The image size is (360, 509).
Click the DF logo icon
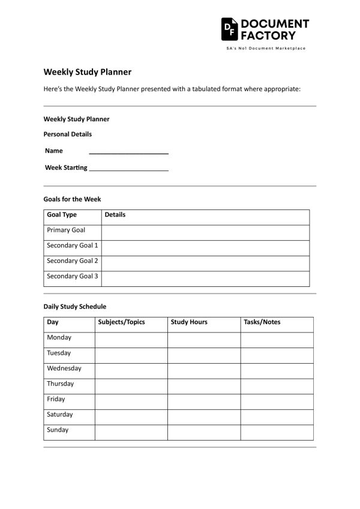coord(229,28)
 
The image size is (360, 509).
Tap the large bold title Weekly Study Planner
coord(87,71)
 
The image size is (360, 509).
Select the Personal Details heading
coord(67,134)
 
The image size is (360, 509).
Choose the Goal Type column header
coord(62,215)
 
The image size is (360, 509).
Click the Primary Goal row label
coord(66,230)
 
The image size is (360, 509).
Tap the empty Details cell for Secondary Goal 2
coord(205,262)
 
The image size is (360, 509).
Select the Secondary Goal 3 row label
coord(72,277)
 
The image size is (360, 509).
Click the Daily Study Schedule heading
coord(74,306)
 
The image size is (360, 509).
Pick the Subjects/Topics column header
coord(121,322)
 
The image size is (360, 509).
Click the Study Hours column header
coord(189,322)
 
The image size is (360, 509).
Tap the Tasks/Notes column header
coord(262,322)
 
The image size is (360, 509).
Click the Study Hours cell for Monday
coord(204,339)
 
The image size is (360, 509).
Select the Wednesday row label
coord(64,369)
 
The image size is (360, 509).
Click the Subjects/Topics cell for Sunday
coord(131,431)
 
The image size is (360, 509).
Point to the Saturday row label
coord(59,415)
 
